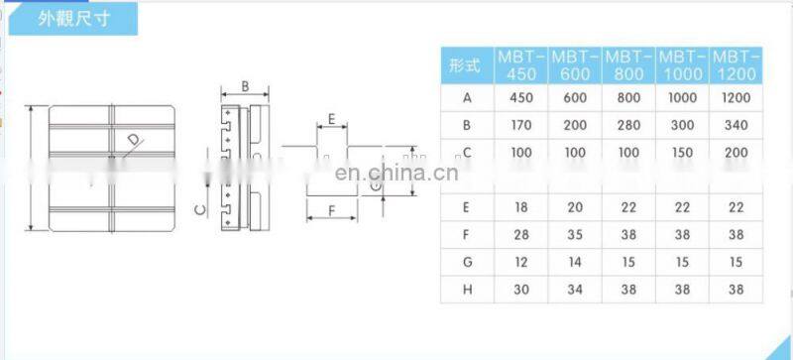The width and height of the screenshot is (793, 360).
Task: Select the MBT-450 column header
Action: pos(521,65)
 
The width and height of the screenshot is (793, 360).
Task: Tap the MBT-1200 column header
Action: pos(736,65)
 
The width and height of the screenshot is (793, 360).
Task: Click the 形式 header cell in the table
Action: pos(466,66)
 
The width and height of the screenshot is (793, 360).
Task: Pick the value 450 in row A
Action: pos(521,98)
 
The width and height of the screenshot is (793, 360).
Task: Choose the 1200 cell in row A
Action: pos(736,98)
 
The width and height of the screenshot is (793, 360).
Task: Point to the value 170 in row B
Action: pos(521,125)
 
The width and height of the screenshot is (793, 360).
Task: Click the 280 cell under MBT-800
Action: pos(628,125)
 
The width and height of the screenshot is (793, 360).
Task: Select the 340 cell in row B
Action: pos(736,125)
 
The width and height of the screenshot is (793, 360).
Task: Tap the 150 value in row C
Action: pos(683,152)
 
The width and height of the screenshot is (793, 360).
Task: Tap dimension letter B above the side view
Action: pos(245,86)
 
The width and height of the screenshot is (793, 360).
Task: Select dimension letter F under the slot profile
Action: pos(331,211)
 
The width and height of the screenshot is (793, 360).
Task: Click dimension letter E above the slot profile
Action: pos(332,120)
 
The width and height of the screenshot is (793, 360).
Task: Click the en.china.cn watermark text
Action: pos(396,173)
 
